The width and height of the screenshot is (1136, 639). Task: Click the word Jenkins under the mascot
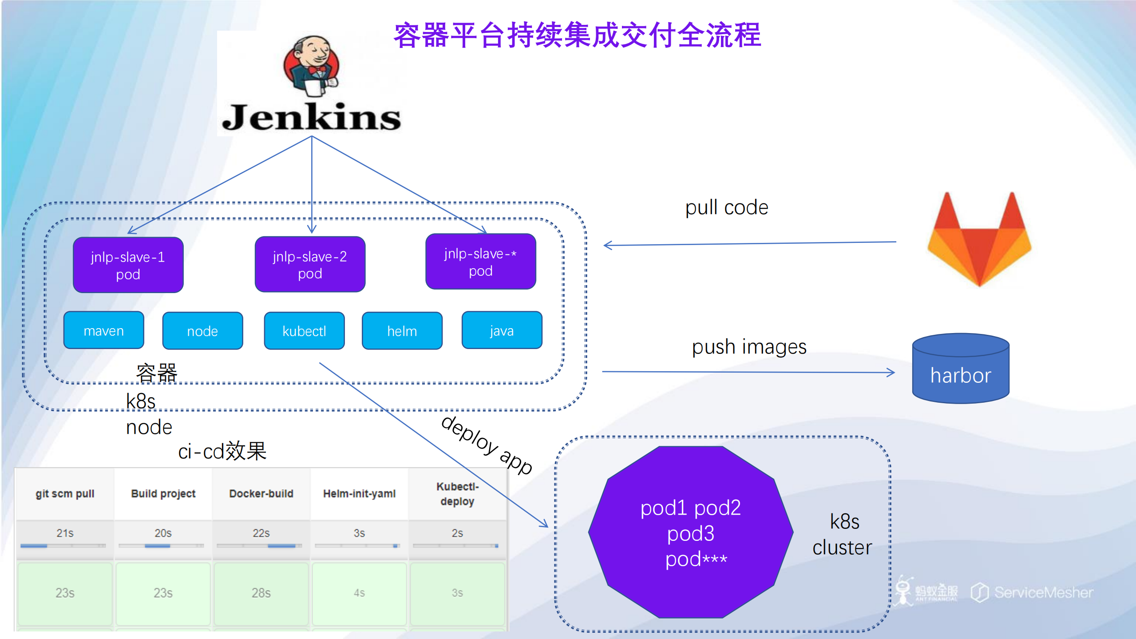(x=311, y=118)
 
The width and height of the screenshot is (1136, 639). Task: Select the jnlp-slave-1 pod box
(x=128, y=265)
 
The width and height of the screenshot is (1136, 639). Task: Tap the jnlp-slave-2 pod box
(x=310, y=265)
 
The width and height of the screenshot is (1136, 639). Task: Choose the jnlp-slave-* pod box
(x=480, y=262)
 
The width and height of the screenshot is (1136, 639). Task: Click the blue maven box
(x=104, y=331)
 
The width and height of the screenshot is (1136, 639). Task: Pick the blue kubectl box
(x=304, y=331)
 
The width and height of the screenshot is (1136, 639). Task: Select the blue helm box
(x=402, y=331)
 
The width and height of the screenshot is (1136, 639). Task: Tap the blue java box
(x=502, y=331)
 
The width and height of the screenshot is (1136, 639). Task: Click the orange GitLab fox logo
(x=979, y=242)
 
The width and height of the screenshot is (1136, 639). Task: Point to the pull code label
(x=726, y=208)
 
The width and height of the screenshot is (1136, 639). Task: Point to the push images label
(x=749, y=347)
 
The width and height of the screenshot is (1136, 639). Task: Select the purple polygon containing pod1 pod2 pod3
(x=690, y=533)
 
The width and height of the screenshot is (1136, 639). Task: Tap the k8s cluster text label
(x=842, y=535)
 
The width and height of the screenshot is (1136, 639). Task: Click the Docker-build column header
(x=261, y=494)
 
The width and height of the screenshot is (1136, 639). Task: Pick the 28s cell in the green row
(x=261, y=593)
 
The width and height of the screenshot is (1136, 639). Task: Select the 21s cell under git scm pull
(x=65, y=533)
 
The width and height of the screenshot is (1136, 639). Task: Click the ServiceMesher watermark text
(x=1043, y=592)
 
